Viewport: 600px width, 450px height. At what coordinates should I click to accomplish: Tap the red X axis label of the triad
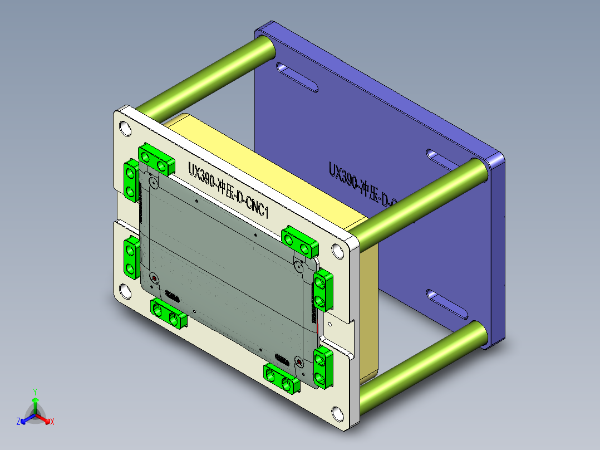[x=52, y=422]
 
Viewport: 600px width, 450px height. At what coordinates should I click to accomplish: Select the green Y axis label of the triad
[x=35, y=392]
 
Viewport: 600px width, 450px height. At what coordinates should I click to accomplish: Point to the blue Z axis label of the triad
[x=18, y=422]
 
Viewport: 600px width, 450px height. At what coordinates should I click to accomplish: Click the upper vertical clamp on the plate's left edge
[x=131, y=180]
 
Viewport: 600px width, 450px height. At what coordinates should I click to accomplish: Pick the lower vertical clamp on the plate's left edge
[x=131, y=257]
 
